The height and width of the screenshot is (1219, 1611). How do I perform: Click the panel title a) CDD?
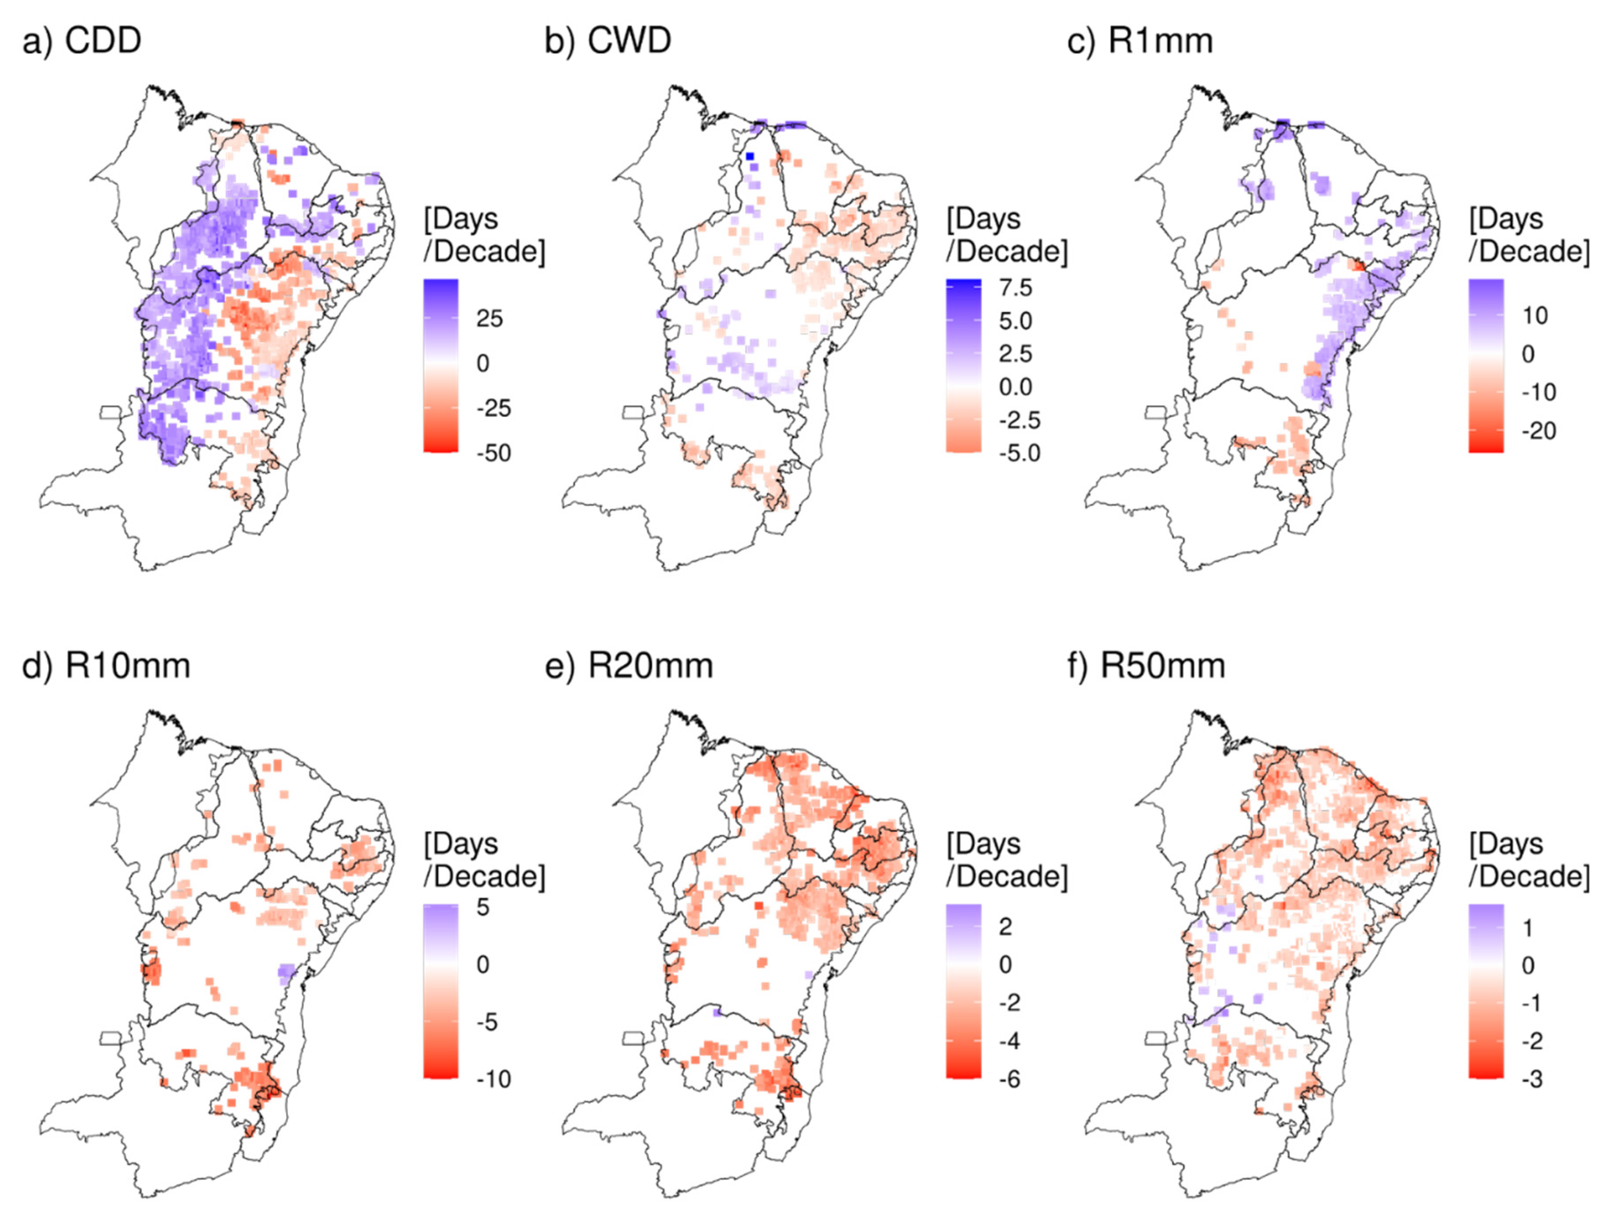click(82, 41)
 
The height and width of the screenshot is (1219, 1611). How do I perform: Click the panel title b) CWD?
click(607, 41)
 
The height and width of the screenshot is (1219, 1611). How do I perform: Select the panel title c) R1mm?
click(1140, 41)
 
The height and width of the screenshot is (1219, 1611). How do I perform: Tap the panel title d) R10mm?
click(107, 666)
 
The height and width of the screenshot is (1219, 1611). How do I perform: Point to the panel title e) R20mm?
click(629, 666)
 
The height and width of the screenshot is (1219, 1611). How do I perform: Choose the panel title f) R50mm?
click(1146, 666)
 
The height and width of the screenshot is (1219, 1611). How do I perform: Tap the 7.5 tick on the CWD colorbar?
click(1015, 288)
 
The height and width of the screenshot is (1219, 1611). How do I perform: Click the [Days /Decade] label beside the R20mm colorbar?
click(1007, 860)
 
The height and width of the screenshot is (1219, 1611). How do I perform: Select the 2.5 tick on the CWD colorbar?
click(1015, 354)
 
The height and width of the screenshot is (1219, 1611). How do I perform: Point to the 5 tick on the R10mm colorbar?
click(483, 907)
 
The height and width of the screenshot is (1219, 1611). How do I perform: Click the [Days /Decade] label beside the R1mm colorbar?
click(1529, 235)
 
